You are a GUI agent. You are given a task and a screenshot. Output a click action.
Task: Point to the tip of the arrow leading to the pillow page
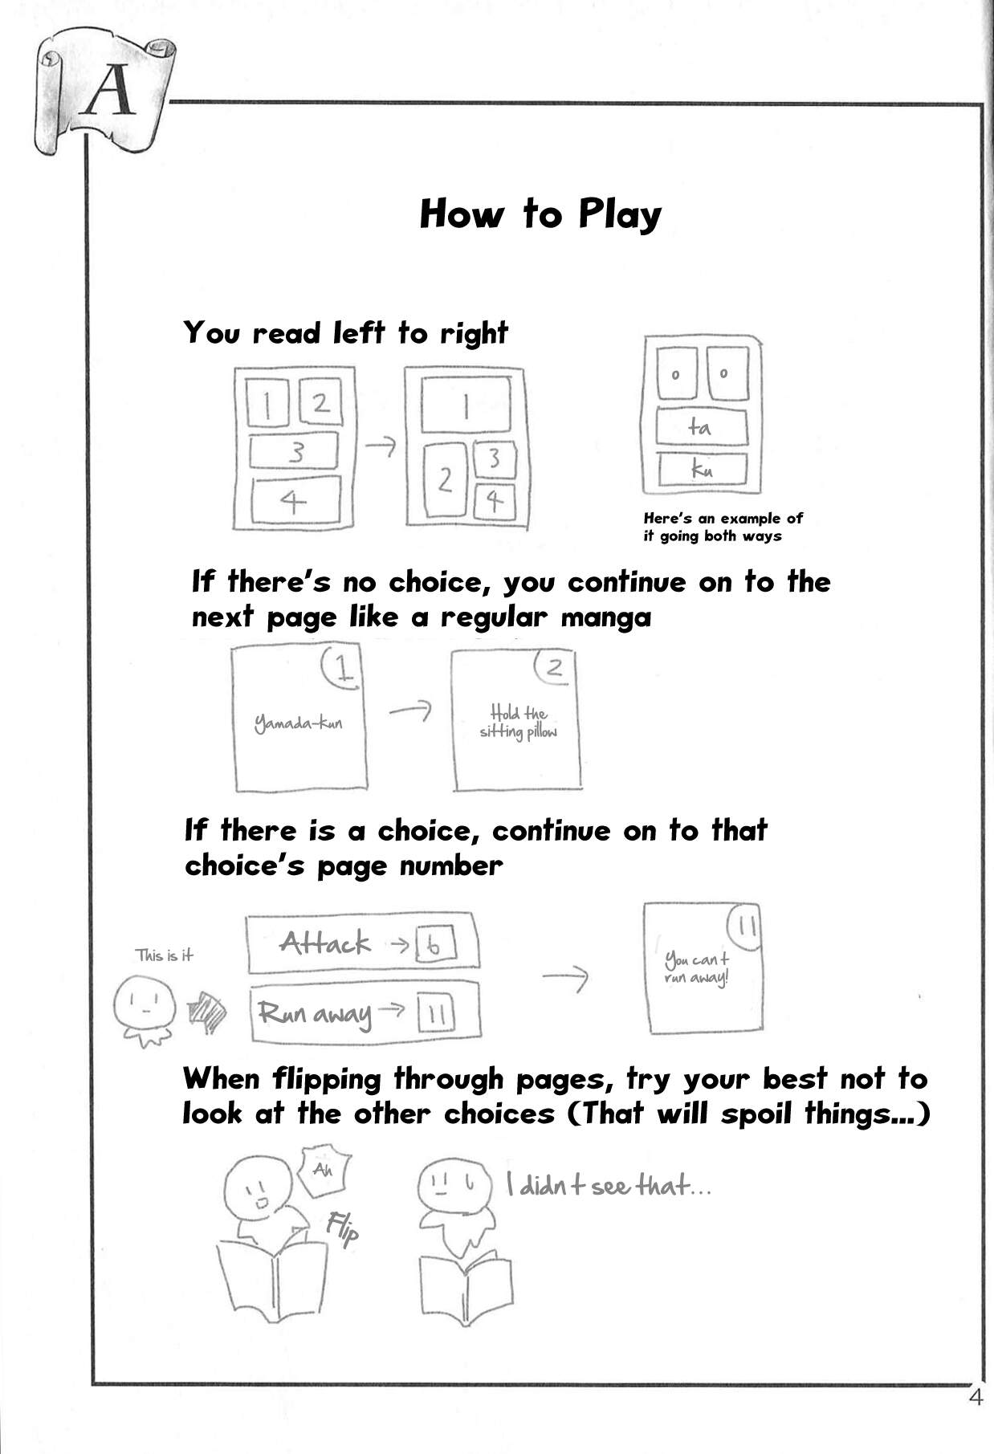coord(431,709)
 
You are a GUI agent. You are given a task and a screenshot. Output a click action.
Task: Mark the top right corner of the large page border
coord(982,104)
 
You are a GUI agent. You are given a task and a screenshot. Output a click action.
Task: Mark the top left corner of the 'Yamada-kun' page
coord(231,649)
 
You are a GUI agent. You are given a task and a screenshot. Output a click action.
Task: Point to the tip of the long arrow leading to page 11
coord(589,977)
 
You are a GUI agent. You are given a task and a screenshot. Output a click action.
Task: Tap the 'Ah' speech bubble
coord(323,1170)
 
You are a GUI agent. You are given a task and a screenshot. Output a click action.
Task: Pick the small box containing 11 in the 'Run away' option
coord(436,1013)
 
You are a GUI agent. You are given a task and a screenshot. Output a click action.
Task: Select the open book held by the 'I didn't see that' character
coord(466,1282)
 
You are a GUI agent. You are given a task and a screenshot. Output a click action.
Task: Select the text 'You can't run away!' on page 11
coord(697,968)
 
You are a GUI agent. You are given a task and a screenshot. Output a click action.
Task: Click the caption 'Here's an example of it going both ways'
coord(723,527)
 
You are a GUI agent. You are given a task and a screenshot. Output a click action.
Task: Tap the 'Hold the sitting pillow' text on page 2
coord(519,722)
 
